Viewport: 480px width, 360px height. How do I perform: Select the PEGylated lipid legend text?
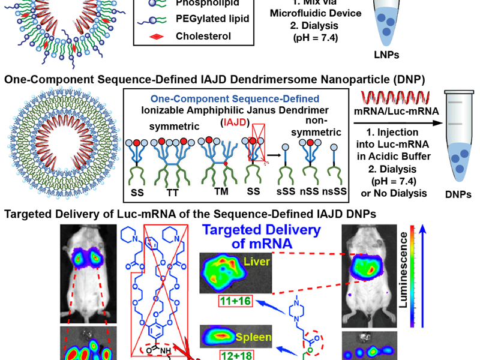pos(212,18)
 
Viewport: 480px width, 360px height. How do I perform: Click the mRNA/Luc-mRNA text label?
pos(395,110)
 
